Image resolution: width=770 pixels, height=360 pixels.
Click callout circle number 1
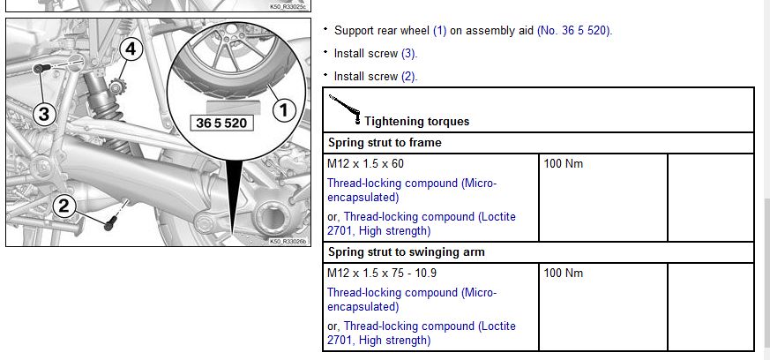tap(284, 110)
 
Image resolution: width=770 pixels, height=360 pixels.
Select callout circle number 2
tap(64, 206)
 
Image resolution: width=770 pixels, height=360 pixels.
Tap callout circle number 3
tap(44, 114)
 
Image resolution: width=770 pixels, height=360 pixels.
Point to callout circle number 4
tap(131, 49)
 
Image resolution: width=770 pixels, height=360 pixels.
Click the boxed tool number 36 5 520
tap(221, 123)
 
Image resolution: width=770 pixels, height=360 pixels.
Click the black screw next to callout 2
tap(111, 223)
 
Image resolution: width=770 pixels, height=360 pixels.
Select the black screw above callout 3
tap(41, 68)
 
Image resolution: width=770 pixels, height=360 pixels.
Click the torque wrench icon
tap(344, 108)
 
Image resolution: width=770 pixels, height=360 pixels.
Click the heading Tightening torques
tap(417, 121)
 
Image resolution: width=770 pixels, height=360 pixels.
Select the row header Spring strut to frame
tap(385, 143)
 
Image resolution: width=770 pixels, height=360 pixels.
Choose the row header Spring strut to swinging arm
tap(407, 252)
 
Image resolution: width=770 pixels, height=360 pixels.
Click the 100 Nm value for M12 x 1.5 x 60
tap(564, 163)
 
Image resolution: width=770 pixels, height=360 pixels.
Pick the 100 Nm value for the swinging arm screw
tap(564, 273)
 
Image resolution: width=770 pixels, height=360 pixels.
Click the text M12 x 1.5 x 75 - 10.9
tap(382, 273)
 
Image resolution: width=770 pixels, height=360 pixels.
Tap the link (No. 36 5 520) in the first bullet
tap(575, 31)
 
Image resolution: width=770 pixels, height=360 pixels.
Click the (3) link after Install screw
tap(408, 54)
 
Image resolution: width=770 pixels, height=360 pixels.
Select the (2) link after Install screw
tap(408, 77)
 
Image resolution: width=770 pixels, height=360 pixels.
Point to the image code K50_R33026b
tap(288, 241)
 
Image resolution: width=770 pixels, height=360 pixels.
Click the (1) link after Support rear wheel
tap(439, 31)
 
